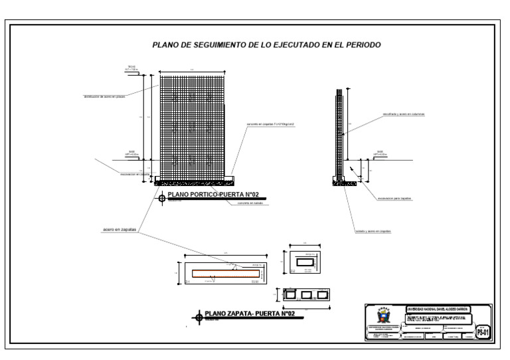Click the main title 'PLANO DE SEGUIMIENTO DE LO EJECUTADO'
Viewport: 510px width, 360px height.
[266, 45]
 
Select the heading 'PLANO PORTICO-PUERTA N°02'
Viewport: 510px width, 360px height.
[213, 195]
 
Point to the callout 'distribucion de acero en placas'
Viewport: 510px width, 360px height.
[104, 96]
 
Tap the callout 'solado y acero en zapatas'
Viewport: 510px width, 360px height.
[373, 232]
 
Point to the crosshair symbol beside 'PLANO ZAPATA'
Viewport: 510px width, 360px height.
[197, 316]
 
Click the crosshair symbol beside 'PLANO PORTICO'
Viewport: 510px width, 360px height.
[162, 197]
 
